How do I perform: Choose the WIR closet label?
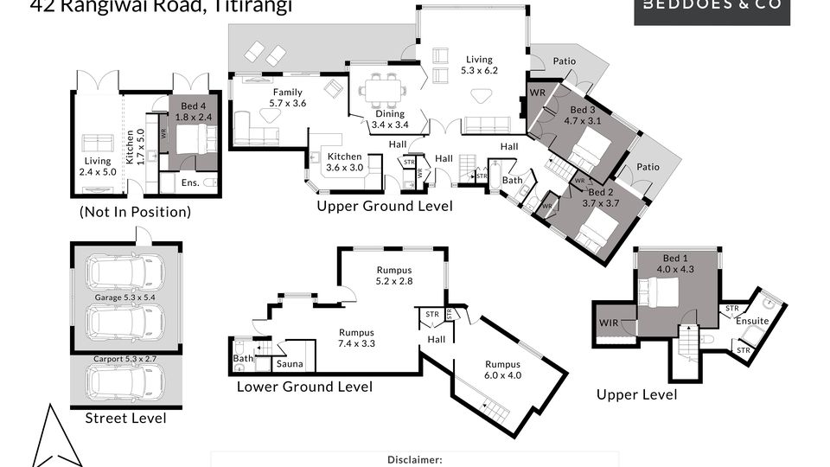tap(609, 323)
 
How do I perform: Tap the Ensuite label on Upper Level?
tap(752, 321)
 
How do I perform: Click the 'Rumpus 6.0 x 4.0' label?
tap(504, 370)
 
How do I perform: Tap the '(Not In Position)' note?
tap(135, 212)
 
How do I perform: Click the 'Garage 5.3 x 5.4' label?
tap(125, 298)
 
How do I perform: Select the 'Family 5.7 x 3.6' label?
tap(288, 98)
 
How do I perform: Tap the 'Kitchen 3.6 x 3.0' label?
tap(345, 162)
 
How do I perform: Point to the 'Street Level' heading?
tap(125, 419)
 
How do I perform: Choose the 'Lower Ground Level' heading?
tap(304, 387)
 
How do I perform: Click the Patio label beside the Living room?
tap(564, 61)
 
